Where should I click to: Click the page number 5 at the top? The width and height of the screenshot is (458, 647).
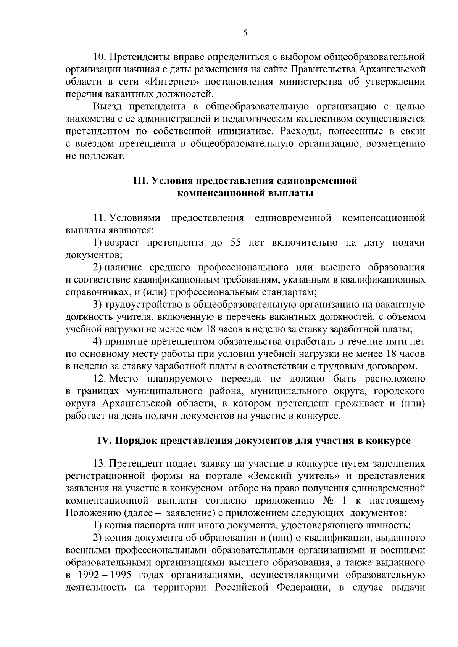(245, 33)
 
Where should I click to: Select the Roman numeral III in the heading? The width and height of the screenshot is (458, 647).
(139, 181)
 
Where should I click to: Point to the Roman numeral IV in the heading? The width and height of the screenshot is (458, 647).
(103, 441)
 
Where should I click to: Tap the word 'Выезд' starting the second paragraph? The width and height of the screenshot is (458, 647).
(107, 106)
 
